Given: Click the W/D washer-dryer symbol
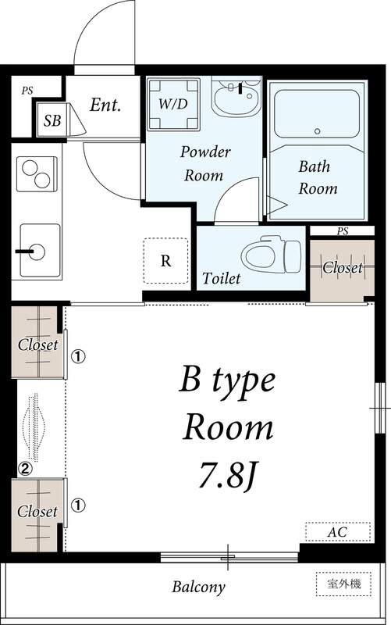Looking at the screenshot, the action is (x=173, y=104).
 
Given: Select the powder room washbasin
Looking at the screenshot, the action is (x=236, y=96).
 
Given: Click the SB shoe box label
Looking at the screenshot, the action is (x=52, y=120).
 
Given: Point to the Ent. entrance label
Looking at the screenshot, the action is (x=105, y=105).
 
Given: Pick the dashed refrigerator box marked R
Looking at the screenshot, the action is (x=165, y=261).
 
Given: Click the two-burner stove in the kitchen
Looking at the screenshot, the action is (x=37, y=173).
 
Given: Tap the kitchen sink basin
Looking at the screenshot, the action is (x=40, y=250).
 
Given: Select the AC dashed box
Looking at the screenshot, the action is (x=338, y=532).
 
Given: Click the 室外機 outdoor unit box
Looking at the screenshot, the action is (x=343, y=584).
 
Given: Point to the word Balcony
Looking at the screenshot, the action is (x=198, y=587).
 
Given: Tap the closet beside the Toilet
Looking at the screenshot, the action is (x=343, y=270).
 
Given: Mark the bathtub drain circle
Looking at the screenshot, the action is (x=318, y=131).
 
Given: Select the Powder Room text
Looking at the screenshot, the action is (x=205, y=163).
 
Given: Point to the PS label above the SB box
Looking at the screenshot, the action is (x=27, y=91).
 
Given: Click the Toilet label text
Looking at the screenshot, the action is (x=221, y=278).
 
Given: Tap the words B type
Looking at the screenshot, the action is (x=227, y=381).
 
